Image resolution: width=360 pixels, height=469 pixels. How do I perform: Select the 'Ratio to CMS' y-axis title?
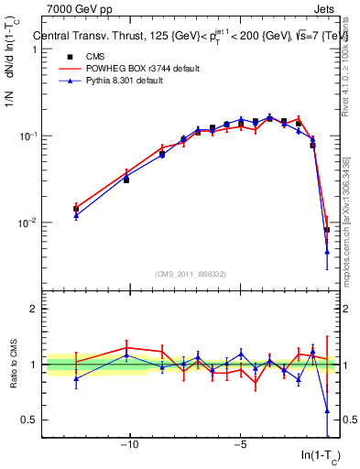pos(14,365)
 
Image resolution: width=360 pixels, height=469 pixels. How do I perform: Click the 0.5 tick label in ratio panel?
pos(28,420)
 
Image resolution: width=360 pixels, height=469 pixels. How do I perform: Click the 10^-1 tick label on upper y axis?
pos(27,136)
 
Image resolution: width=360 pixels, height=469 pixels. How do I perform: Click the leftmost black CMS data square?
pos(76,209)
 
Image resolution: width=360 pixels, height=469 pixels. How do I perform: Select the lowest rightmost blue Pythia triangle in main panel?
pos(327,252)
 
